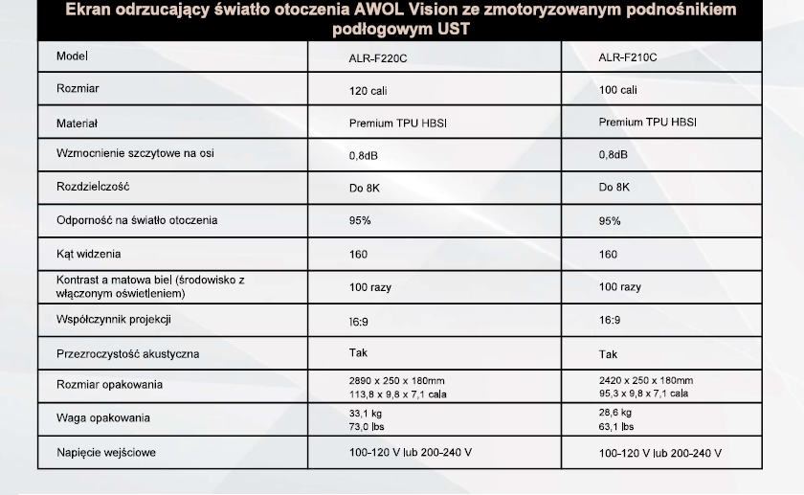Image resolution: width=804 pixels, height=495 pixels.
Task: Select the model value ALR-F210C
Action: (628, 57)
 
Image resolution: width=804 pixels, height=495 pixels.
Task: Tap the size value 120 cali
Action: (368, 90)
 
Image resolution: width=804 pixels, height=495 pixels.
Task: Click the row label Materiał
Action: (78, 124)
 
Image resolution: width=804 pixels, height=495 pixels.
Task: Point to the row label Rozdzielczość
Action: (93, 187)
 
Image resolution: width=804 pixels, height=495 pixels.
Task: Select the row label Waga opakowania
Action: (103, 418)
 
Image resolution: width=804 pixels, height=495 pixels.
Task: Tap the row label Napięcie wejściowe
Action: (106, 451)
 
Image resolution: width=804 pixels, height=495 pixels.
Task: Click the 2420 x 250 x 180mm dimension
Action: (646, 380)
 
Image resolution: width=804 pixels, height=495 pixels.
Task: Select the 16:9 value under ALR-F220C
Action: (359, 322)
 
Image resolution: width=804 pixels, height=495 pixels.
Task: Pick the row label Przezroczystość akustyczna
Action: (127, 354)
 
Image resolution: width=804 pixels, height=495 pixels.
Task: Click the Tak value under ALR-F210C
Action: (608, 354)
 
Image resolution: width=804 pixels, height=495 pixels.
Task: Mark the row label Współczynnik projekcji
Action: (114, 320)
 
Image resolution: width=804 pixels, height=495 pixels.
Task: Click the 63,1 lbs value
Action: (616, 427)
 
